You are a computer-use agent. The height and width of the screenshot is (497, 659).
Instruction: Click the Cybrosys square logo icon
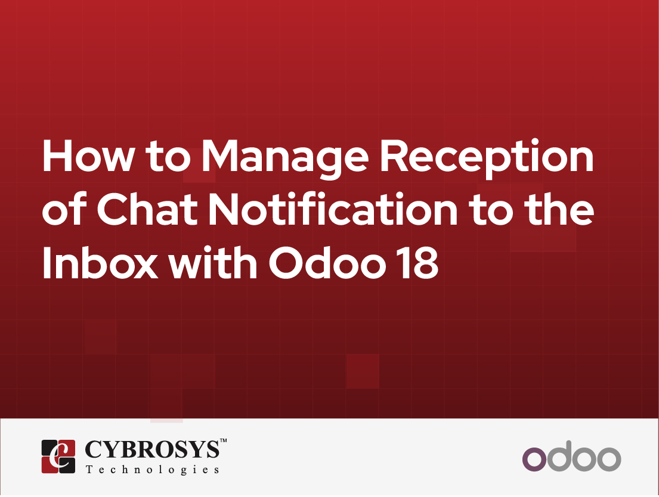pos(58,456)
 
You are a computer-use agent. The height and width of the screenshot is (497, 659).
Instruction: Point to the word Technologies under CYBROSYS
pos(152,470)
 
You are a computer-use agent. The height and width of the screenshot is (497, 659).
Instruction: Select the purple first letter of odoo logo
pos(534,459)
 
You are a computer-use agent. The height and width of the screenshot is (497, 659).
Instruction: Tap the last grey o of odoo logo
pos(609,459)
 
